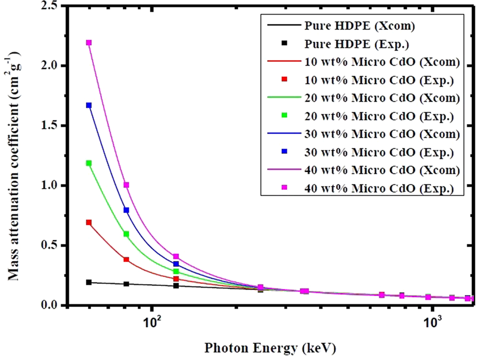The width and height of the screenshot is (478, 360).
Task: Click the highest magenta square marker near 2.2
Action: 89,43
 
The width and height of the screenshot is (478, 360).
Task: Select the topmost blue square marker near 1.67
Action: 89,106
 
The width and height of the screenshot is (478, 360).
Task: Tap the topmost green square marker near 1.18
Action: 89,163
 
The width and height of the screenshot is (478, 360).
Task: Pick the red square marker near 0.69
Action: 89,223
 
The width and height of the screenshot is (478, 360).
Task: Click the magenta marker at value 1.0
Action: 127,185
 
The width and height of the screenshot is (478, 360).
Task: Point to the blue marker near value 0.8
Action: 127,210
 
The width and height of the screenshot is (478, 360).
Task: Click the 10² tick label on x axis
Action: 151,323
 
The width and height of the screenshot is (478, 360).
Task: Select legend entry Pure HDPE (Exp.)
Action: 351,43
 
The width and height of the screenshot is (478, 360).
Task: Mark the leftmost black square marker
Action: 89,282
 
